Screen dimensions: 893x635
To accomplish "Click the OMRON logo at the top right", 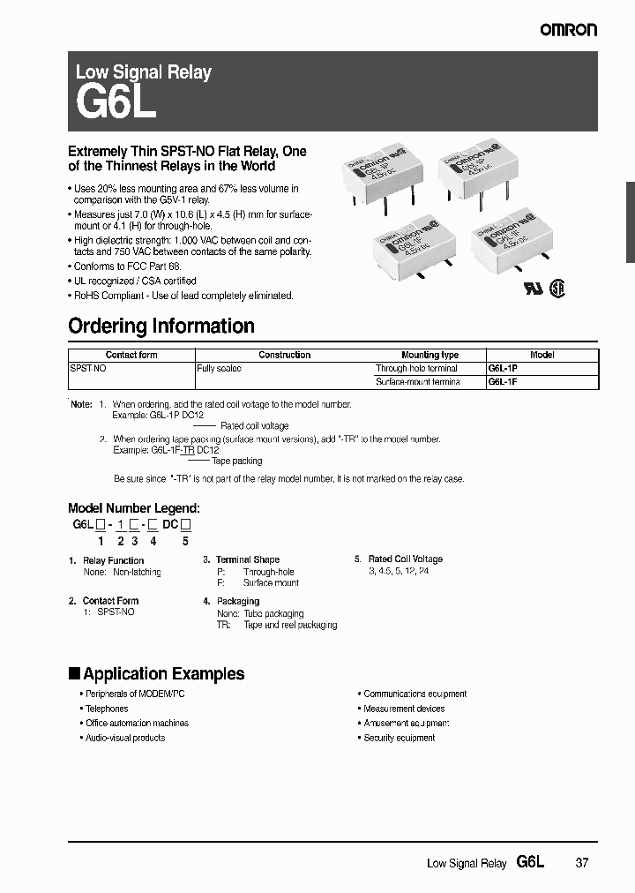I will (568, 29).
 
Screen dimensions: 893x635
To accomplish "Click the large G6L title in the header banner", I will (116, 102).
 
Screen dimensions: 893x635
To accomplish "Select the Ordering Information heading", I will (161, 326).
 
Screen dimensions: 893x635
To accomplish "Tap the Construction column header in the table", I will (284, 355).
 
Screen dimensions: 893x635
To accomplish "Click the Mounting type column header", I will (430, 355).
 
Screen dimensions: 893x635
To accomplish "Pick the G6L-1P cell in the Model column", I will (503, 368).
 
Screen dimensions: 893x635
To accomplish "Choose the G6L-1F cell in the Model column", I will (503, 381).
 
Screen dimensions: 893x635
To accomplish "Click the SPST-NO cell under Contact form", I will (88, 368).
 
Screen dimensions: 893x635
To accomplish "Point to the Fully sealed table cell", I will (219, 368).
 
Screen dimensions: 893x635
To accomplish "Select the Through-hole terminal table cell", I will (416, 368).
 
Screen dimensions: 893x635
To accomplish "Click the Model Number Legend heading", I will (134, 508).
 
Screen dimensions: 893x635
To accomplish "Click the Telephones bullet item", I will (106, 709).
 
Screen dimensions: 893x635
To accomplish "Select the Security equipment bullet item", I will (399, 738).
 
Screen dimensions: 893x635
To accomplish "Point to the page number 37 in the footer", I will (581, 863).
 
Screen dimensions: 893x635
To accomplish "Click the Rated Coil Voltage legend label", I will (405, 559).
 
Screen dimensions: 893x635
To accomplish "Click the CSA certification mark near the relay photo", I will (557, 289).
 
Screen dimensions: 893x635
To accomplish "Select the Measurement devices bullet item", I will (404, 709).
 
